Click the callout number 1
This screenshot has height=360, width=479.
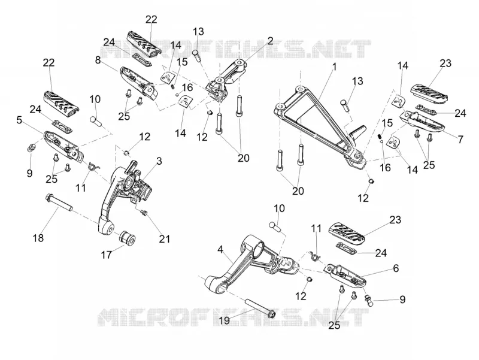pos(335,66)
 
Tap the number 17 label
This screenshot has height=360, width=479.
pos(107,255)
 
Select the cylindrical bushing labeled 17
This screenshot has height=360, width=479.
pos(128,238)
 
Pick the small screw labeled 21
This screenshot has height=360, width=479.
pos(144,212)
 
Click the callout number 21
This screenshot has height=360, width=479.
pos(164,238)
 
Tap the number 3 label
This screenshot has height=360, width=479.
pos(159,161)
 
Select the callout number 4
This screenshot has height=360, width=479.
pos(220,250)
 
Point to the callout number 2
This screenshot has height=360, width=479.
pos(270,41)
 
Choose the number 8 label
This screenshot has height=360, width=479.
pos(98,60)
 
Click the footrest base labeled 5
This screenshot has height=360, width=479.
pos(63,144)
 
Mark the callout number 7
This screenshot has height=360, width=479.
pos(460,139)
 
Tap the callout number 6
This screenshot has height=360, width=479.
pos(396,268)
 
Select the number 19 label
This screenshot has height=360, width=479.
pos(225,320)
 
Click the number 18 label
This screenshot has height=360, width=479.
pos(38,238)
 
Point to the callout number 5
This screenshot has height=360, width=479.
pos(19,120)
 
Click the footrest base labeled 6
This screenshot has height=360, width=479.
pos(345,275)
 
